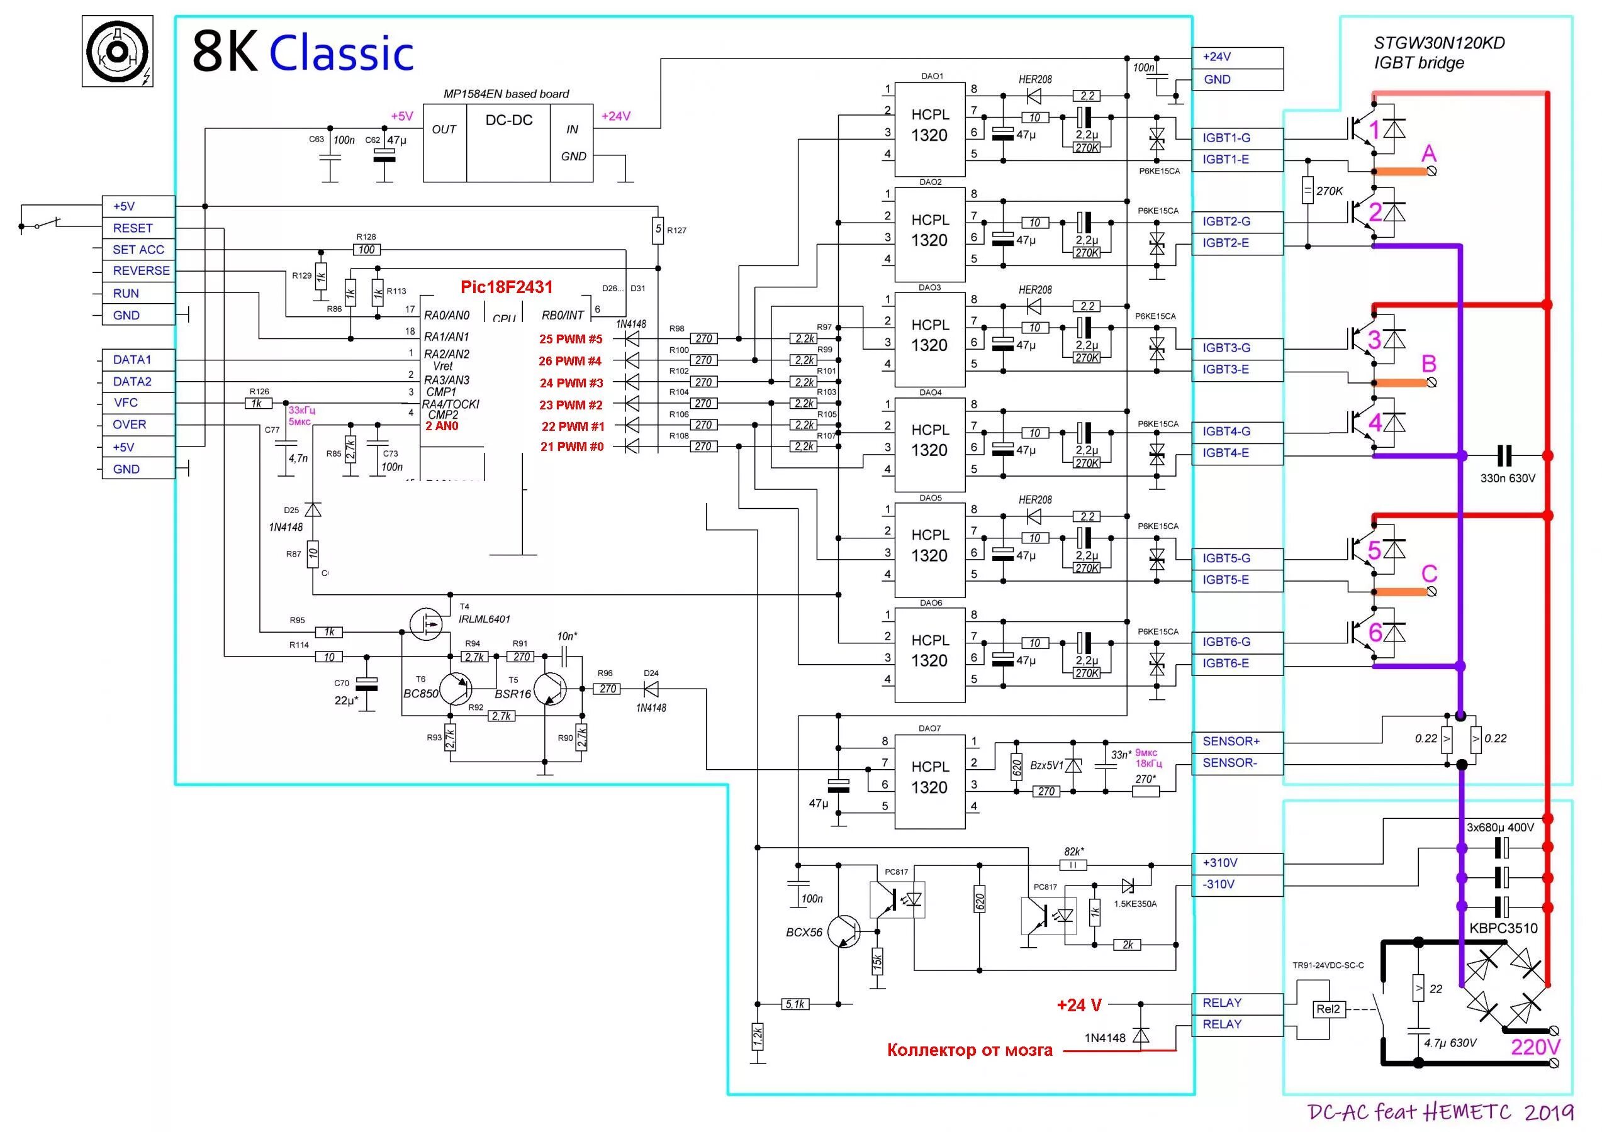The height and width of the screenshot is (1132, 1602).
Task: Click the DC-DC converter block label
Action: [x=508, y=121]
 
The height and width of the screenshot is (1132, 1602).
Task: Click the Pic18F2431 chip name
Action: [x=507, y=287]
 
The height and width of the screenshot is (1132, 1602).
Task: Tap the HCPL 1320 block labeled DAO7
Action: [x=929, y=777]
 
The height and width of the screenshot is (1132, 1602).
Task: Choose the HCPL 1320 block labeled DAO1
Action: [x=929, y=126]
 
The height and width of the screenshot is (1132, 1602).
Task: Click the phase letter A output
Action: [x=1429, y=154]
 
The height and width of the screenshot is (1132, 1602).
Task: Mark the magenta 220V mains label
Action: [x=1536, y=1046]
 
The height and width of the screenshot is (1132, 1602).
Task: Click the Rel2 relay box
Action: [x=1328, y=1009]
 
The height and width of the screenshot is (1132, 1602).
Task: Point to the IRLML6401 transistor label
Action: [x=485, y=619]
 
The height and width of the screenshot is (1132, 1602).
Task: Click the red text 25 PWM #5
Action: [x=570, y=340]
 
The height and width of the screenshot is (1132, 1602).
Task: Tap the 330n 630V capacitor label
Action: [x=1507, y=479]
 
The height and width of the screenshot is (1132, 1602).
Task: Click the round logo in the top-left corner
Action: [x=117, y=52]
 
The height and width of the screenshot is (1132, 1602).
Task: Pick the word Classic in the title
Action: [x=341, y=53]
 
